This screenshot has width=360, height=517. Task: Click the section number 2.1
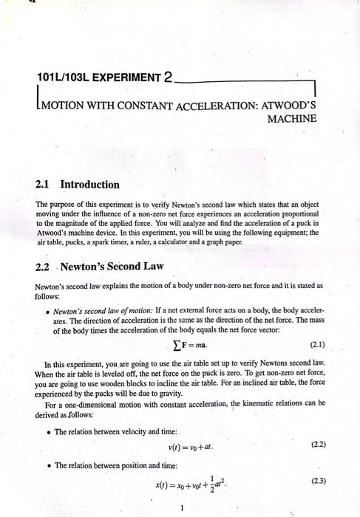(46, 183)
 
